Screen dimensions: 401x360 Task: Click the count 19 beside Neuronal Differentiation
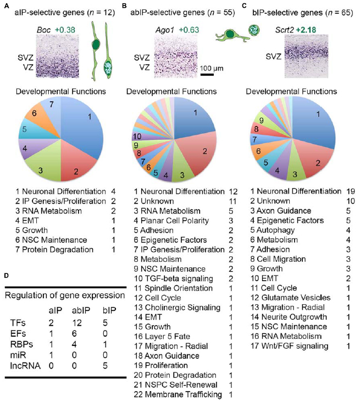pos(349,191)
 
